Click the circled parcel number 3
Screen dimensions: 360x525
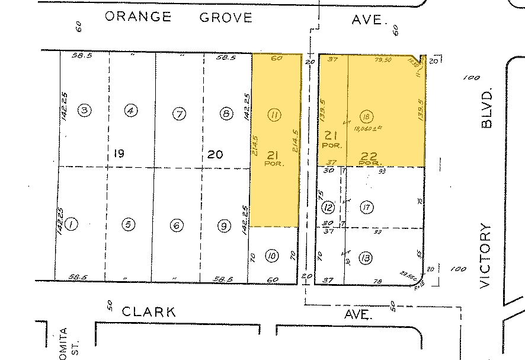point(85,110)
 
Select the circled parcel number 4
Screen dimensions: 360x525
point(132,110)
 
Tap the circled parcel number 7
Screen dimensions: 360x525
point(178,113)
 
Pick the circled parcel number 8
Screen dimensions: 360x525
point(226,113)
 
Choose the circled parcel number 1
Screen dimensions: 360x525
point(72,224)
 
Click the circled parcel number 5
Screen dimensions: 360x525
point(129,224)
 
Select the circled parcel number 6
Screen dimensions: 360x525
point(176,225)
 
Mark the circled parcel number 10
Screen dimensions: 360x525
point(271,256)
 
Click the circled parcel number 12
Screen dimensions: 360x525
point(328,208)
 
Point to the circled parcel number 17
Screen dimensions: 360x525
point(367,207)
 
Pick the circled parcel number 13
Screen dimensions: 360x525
point(366,258)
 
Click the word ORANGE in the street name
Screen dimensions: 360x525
point(137,17)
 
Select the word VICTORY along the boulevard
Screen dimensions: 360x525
point(486,256)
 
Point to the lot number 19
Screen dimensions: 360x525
point(118,154)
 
